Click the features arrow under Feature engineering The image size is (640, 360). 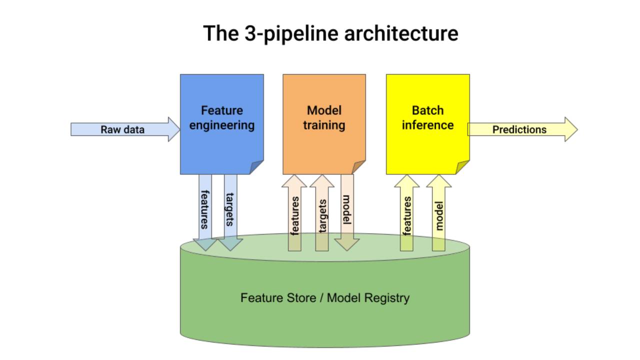tap(205, 210)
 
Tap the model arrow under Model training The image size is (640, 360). tap(347, 210)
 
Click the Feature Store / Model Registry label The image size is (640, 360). tap(324, 298)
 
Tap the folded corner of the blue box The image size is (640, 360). tap(257, 167)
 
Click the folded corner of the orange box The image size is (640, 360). tap(359, 167)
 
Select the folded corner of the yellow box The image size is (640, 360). tap(463, 167)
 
